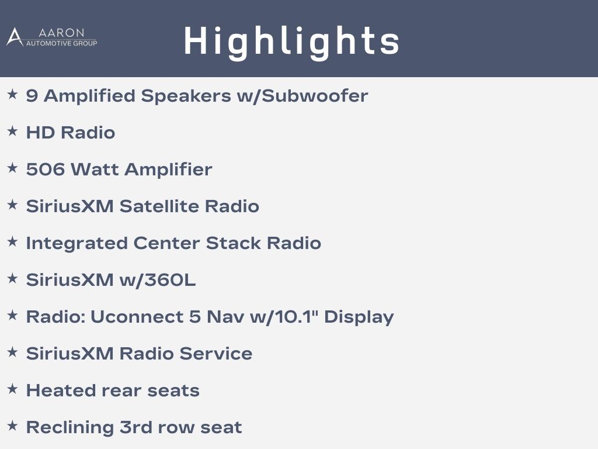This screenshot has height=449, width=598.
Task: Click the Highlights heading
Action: click(x=291, y=42)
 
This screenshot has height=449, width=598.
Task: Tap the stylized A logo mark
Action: click(x=15, y=37)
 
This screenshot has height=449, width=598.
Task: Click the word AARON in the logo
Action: click(x=61, y=33)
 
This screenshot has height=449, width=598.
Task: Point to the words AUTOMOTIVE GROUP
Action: click(x=61, y=43)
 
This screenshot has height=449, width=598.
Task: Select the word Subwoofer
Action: click(x=315, y=95)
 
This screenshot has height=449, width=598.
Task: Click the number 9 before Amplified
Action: click(x=32, y=96)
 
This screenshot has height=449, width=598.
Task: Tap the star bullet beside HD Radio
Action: click(x=13, y=131)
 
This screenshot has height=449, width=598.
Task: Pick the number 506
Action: click(x=46, y=170)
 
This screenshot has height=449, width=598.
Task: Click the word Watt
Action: click(x=95, y=170)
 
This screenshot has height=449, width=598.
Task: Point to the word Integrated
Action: click(x=77, y=244)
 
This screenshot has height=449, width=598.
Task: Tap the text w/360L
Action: click(x=158, y=280)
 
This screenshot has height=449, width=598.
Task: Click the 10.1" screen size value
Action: click(x=297, y=317)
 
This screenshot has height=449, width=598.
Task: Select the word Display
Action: click(x=359, y=317)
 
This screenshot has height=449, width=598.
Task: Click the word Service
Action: click(x=216, y=354)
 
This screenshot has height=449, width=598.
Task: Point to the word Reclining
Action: click(x=70, y=428)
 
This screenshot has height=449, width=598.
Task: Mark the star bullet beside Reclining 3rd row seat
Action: click(x=13, y=426)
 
